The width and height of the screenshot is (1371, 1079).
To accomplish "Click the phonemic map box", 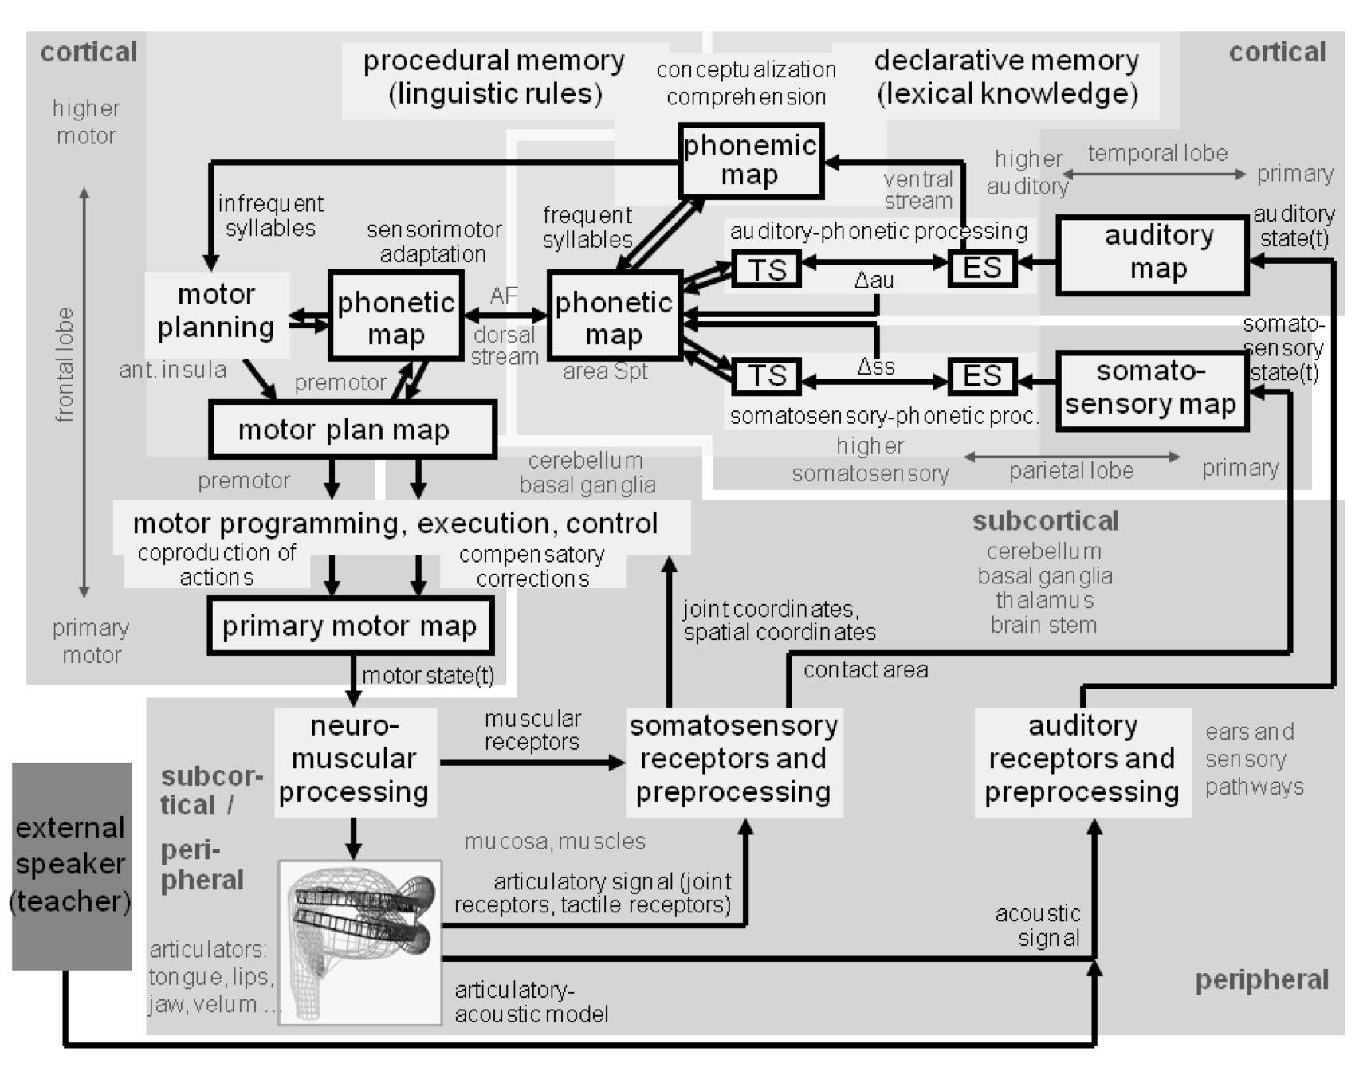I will [750, 160].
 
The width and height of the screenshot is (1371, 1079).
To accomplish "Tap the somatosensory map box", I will [1152, 390].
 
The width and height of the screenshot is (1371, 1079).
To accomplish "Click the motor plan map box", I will [352, 430].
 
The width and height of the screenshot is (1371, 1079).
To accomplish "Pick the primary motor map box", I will [350, 626].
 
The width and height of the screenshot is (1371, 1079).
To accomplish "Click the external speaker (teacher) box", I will [71, 865].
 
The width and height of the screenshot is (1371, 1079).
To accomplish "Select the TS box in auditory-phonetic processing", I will [766, 269].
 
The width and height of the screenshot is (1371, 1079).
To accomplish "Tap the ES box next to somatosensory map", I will [982, 376].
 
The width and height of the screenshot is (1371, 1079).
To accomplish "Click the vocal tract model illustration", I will [360, 941].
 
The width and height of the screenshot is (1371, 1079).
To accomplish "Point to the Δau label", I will [874, 281].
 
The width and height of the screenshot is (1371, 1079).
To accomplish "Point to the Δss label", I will [875, 367].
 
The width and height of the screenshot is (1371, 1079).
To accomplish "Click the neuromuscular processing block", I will [355, 759].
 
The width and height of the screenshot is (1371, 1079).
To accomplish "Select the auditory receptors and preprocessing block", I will [1082, 759].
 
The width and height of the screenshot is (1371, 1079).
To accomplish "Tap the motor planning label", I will [216, 312].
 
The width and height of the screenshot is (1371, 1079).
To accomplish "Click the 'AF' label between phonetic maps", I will [504, 296].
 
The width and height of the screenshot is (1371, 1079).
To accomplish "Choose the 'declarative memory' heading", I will [1007, 77].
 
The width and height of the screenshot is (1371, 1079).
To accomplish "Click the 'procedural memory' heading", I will [494, 77].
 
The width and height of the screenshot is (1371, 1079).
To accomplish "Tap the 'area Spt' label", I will [605, 371].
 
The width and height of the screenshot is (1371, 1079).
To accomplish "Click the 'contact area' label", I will [866, 670].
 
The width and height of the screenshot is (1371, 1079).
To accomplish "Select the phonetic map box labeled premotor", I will [395, 316].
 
